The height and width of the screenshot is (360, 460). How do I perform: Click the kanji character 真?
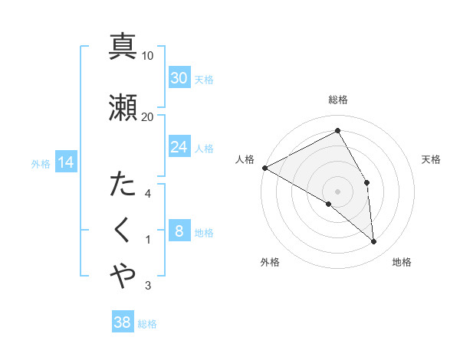point(123,46)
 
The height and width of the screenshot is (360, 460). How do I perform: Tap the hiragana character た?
point(123,185)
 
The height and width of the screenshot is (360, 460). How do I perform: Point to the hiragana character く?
point(123,230)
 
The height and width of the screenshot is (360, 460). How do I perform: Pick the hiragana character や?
point(123,277)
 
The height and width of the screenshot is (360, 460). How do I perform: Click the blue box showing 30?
point(179,78)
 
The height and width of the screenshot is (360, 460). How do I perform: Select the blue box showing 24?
point(179,147)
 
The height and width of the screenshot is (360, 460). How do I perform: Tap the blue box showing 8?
point(179,231)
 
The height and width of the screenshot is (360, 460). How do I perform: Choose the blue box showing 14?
point(65,162)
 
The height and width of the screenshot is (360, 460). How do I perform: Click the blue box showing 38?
point(123,322)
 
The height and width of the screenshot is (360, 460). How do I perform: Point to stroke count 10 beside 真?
point(148,56)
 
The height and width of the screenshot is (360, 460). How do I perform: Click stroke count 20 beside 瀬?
point(148,116)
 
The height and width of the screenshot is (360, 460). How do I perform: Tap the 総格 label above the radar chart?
point(337,100)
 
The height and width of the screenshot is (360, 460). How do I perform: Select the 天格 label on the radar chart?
point(432,159)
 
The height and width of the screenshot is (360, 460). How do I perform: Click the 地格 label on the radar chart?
point(402,263)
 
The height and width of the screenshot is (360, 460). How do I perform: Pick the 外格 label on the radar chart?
point(270,263)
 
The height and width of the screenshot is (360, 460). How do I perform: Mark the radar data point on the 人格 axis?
point(264,167)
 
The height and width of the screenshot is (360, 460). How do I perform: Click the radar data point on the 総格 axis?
point(337,131)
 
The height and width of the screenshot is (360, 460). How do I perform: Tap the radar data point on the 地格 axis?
point(374,241)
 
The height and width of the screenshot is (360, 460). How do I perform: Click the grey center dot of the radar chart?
point(337,191)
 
